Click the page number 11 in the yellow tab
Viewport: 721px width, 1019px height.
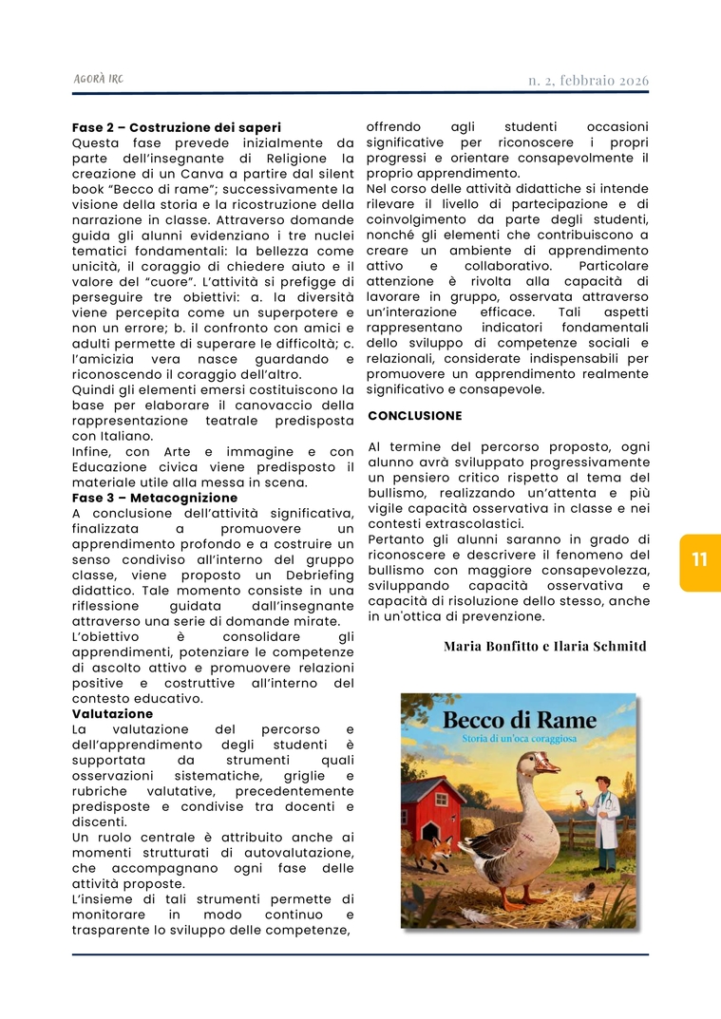[x=700, y=560]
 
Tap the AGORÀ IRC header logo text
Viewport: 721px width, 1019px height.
[x=98, y=79]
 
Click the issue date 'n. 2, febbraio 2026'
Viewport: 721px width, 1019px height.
[x=588, y=81]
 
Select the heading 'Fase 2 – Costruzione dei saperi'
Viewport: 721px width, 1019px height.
[x=177, y=127]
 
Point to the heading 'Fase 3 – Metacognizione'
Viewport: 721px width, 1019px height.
[x=155, y=498]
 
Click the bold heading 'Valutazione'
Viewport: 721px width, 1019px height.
[x=112, y=714]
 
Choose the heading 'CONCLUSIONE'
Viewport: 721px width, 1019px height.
[x=415, y=416]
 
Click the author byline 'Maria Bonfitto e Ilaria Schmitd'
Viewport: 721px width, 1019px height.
[x=544, y=647]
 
